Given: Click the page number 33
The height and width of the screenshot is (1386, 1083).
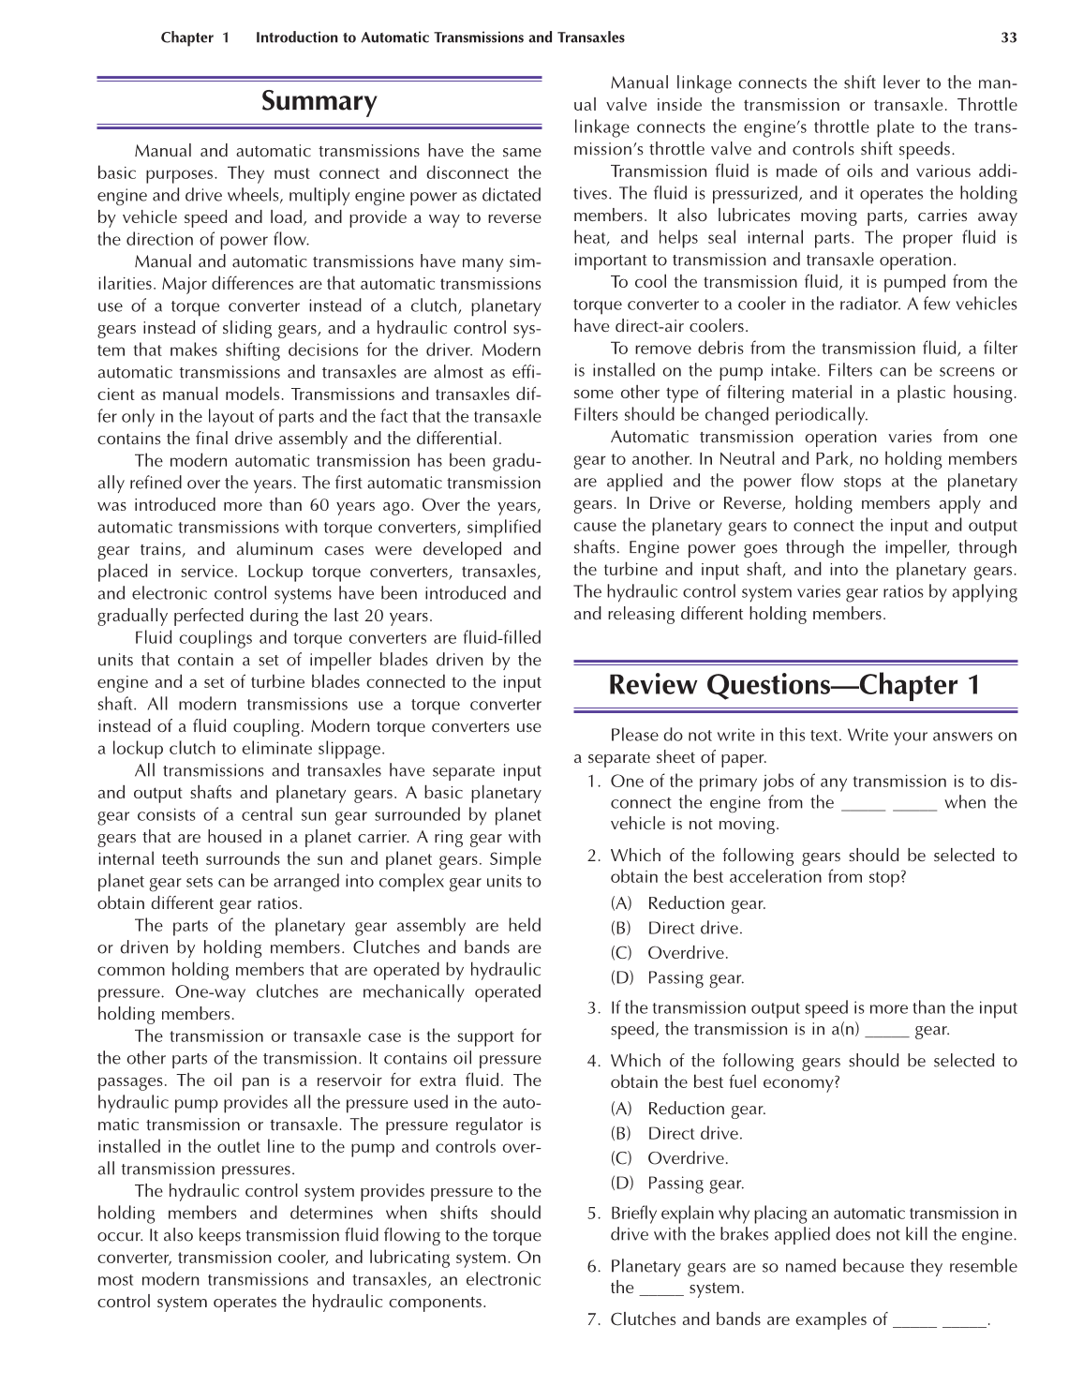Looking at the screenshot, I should (x=1008, y=37).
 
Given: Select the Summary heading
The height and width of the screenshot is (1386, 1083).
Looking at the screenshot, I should (x=319, y=101).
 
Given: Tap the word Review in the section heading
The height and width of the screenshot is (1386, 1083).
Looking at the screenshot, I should (x=653, y=685).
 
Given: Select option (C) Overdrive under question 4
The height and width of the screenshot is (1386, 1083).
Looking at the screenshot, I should (x=670, y=1158).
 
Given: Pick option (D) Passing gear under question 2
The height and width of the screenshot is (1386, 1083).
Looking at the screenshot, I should (x=677, y=977).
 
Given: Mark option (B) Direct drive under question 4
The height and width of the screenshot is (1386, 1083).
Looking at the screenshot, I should (x=676, y=1133).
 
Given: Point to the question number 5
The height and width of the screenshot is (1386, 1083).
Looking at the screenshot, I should (x=592, y=1214).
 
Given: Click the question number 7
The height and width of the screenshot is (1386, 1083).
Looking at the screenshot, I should (x=592, y=1319).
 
